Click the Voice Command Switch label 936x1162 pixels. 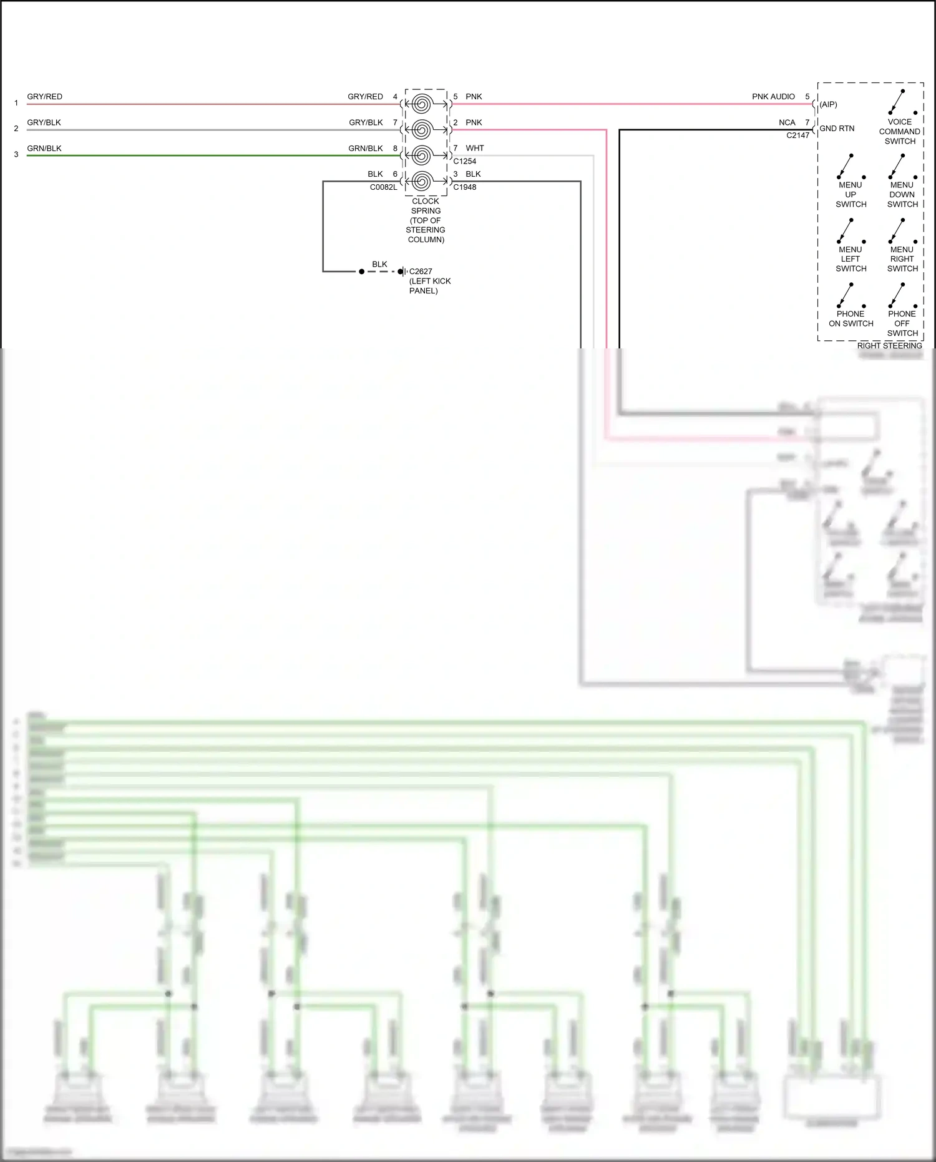click(899, 132)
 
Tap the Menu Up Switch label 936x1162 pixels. click(851, 195)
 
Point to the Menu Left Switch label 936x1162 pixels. click(851, 259)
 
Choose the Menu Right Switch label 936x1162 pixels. click(902, 259)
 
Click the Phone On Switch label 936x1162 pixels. click(851, 318)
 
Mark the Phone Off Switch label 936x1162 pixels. click(902, 323)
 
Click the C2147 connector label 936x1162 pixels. click(797, 135)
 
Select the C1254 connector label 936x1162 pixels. click(464, 161)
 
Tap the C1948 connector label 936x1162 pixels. click(464, 187)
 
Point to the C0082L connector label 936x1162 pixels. click(383, 187)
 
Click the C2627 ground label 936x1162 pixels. click(421, 272)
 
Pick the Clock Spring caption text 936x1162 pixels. click(426, 220)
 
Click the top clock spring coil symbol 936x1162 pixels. click(422, 104)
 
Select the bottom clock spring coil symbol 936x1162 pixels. click(422, 181)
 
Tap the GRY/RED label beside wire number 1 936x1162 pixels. click(44, 97)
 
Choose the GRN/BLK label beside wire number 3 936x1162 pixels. click(44, 149)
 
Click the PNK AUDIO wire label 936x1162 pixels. click(773, 97)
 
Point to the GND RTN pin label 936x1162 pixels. click(837, 129)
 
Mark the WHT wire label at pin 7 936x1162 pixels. click(474, 149)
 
